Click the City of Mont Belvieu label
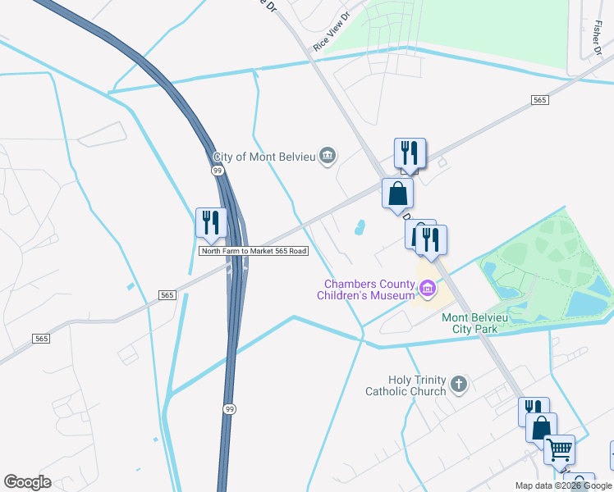point(265,157)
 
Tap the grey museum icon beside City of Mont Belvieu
point(328,156)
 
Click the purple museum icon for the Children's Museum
point(427,288)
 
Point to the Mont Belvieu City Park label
point(481,323)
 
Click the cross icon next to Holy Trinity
point(459,383)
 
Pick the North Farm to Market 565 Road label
point(254,251)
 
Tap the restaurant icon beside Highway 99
point(211,223)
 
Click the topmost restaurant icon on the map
point(410,153)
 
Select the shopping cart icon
point(559,449)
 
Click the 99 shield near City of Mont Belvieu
point(218,170)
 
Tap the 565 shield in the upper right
point(539,99)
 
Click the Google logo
point(27,482)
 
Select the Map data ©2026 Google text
point(564,485)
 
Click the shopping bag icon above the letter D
point(398,194)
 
